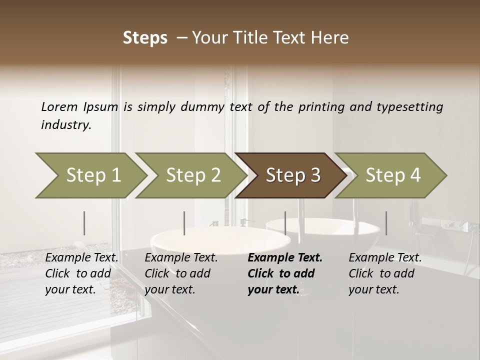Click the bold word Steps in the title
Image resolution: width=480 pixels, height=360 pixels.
pos(145,37)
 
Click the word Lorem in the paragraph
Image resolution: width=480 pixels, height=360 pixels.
pos(59,106)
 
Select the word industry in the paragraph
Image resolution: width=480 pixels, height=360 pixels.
pos(65,124)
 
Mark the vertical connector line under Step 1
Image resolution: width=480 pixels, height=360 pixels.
pos(84,223)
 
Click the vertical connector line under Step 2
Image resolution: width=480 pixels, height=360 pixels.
pos(184,223)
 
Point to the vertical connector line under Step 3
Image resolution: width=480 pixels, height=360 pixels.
pos(285,223)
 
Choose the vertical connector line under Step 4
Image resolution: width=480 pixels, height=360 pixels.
pos(386,223)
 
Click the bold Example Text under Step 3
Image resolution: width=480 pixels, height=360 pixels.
pos(285,258)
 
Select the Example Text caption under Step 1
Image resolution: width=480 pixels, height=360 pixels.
pos(81,258)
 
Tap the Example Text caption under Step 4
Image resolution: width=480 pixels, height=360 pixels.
pos(385,258)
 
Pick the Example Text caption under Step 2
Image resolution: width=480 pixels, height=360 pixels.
pos(181,258)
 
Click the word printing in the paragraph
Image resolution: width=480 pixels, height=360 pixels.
pos(321,106)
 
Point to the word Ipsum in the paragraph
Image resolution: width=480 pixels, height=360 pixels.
pos(101,106)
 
